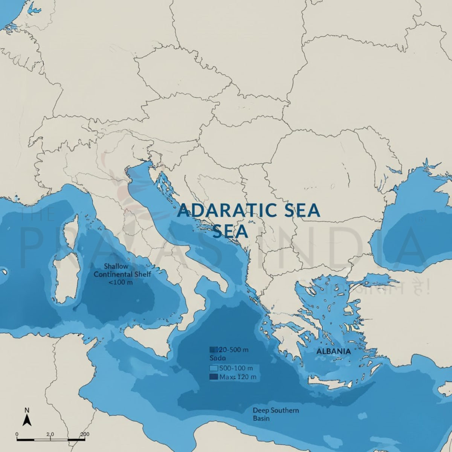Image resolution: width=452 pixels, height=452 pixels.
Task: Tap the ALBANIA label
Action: tap(333, 351)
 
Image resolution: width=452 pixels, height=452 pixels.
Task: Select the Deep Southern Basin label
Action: tap(276, 414)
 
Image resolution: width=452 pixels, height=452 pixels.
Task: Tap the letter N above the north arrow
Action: tap(27, 410)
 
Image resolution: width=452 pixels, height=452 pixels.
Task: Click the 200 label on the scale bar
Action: tap(85, 434)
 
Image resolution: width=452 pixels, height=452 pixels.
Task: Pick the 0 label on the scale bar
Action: tap(17, 434)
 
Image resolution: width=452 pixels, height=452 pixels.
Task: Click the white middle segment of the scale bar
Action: tap(43, 439)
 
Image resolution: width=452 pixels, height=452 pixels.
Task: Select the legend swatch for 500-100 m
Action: tap(214, 368)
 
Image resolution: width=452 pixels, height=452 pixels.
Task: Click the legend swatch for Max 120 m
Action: tap(214, 377)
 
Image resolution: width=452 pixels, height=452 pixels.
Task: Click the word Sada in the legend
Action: tap(218, 358)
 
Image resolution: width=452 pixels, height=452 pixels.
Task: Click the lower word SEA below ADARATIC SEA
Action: tap(230, 231)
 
